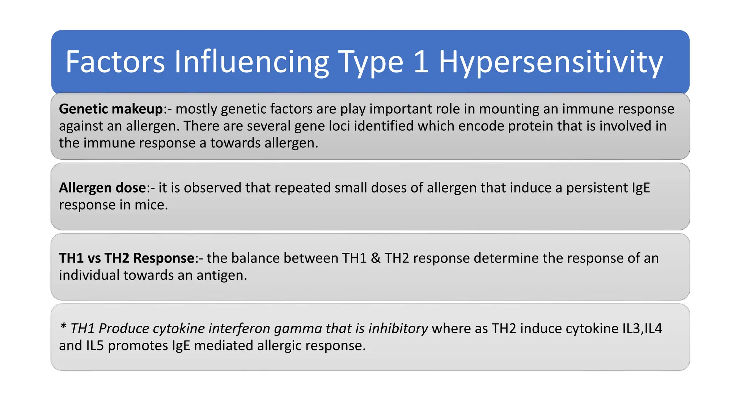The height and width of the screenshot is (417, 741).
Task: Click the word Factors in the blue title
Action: [x=115, y=62]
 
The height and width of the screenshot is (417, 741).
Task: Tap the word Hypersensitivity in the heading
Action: [x=551, y=62]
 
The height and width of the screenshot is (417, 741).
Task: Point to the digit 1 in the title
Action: [x=421, y=62]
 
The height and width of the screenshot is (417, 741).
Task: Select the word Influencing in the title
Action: [x=251, y=62]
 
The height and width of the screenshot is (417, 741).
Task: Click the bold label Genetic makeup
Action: [x=111, y=109]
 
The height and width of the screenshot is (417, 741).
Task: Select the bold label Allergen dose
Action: [x=102, y=188]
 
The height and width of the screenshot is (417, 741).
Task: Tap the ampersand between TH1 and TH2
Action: [x=376, y=258]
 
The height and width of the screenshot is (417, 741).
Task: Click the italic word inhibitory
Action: [x=398, y=329]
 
